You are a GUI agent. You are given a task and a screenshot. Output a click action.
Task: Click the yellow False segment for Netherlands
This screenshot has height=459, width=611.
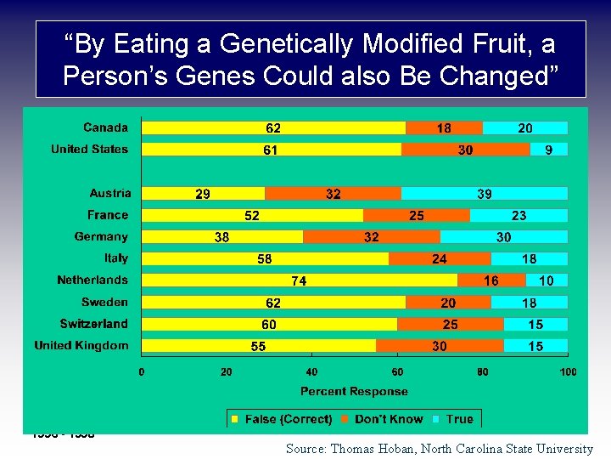(x=255, y=280)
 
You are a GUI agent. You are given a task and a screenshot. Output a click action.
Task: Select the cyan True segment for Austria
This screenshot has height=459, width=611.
(x=484, y=194)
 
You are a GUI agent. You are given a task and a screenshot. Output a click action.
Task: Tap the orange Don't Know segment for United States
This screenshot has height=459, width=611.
(x=465, y=150)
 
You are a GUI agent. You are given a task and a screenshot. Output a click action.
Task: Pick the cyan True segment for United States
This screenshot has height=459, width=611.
(x=548, y=150)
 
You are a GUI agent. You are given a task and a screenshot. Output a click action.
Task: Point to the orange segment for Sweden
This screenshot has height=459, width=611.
(x=448, y=303)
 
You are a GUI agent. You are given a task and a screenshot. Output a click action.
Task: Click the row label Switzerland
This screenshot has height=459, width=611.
(x=93, y=324)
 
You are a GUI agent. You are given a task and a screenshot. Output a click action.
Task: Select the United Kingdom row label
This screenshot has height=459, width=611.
(x=81, y=345)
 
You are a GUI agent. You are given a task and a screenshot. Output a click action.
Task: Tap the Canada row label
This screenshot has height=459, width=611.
(x=105, y=127)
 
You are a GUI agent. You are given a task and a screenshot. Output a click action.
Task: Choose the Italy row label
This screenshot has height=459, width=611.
(x=116, y=258)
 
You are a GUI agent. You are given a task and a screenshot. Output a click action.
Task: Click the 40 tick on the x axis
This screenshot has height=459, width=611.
(x=312, y=372)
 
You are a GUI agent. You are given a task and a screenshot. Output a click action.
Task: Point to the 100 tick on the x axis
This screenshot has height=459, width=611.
(x=568, y=372)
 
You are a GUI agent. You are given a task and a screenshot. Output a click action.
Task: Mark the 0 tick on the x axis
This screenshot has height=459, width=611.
(x=142, y=372)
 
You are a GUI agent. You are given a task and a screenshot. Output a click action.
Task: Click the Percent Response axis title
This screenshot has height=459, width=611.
(x=354, y=392)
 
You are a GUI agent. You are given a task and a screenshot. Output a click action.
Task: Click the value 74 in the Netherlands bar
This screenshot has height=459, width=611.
(x=299, y=280)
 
